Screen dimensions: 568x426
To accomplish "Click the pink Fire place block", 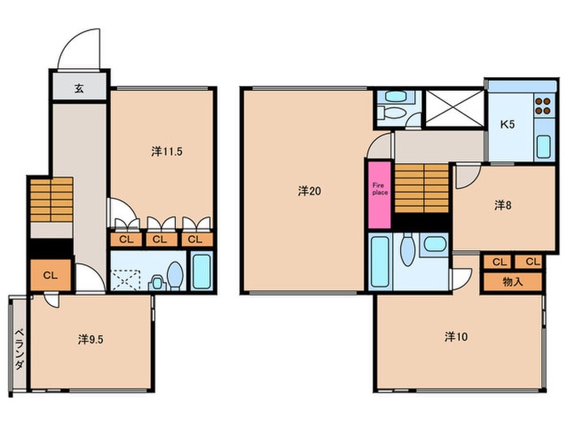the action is [x=380, y=195].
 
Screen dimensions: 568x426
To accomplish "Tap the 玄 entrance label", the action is [x=80, y=88].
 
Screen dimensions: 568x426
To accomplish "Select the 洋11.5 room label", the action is [x=166, y=152].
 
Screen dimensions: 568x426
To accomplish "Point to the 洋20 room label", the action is [x=309, y=191].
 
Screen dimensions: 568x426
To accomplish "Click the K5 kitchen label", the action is [x=507, y=124].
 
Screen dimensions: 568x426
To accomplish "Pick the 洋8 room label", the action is [x=503, y=205].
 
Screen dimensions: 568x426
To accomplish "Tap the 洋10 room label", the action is [x=456, y=337].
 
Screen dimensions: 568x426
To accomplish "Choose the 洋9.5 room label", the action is [x=91, y=339].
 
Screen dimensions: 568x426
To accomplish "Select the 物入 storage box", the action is [x=513, y=282].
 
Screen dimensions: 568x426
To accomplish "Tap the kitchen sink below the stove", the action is [x=544, y=146].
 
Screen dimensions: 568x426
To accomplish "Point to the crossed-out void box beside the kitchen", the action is [x=454, y=108].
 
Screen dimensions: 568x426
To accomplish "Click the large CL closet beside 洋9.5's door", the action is [x=50, y=275].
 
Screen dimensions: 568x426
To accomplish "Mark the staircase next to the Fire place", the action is [x=422, y=188].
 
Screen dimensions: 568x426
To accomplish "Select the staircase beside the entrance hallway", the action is [x=52, y=200].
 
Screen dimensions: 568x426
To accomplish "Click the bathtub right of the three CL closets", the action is [x=201, y=271].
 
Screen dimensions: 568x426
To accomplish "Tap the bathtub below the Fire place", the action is [x=380, y=261].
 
